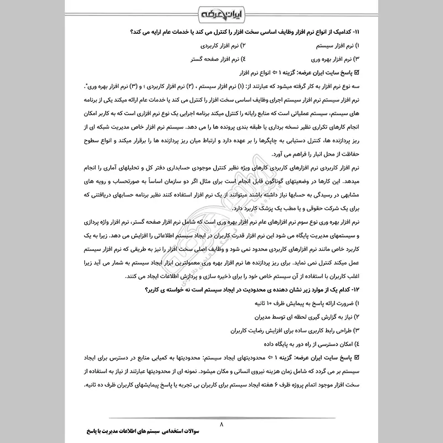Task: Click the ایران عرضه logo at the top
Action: pos(221,11)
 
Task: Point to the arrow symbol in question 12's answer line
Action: pos(267,358)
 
